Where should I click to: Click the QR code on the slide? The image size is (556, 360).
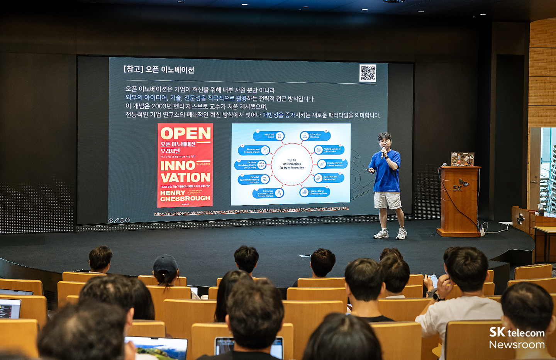click(x=368, y=73)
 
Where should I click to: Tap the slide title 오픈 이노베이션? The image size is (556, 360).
click(x=159, y=70)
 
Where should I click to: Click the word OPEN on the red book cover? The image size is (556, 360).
click(x=185, y=133)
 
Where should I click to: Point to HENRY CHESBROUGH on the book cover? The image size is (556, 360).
click(x=185, y=195)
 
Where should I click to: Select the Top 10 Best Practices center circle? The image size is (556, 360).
click(x=292, y=164)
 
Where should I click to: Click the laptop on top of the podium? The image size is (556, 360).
click(x=463, y=159)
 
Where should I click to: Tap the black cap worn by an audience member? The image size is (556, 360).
click(x=165, y=264)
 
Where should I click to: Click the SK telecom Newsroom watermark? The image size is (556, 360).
click(x=517, y=338)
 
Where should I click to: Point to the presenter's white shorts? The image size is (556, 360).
click(x=387, y=200)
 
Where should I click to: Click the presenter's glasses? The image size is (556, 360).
click(x=384, y=142)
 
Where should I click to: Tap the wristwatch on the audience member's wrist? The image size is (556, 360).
click(x=437, y=296)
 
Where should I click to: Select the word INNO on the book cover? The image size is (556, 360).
click(x=178, y=165)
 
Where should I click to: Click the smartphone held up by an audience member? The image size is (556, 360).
click(x=433, y=281)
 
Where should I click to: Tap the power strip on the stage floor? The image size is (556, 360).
click(x=482, y=231)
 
